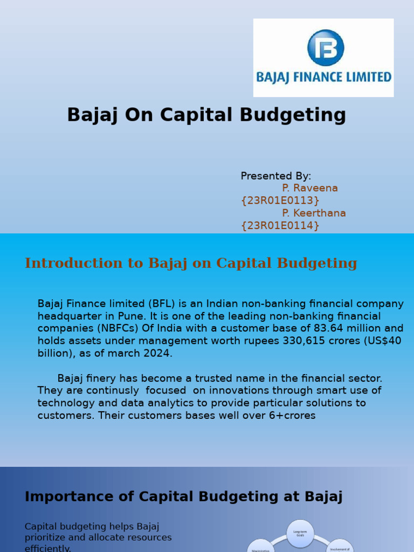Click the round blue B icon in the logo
tap(326, 47)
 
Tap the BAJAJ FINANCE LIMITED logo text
tap(323, 77)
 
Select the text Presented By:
tap(275, 176)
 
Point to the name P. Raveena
tap(310, 188)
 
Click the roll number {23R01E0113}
tap(280, 201)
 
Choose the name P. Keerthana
tap(314, 213)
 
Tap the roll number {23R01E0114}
tap(280, 225)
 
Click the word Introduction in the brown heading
tap(66, 263)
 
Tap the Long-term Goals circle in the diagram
tap(300, 533)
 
